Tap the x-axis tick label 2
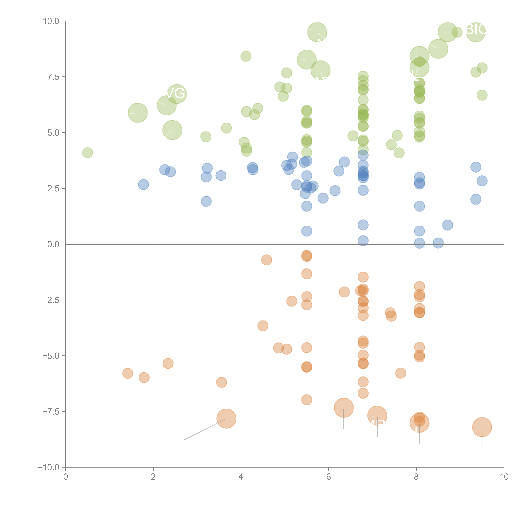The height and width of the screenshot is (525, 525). click(153, 477)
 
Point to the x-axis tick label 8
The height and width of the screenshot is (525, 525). click(416, 477)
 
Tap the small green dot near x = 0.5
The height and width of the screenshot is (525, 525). click(87, 153)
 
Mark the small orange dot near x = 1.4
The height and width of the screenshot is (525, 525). click(128, 373)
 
